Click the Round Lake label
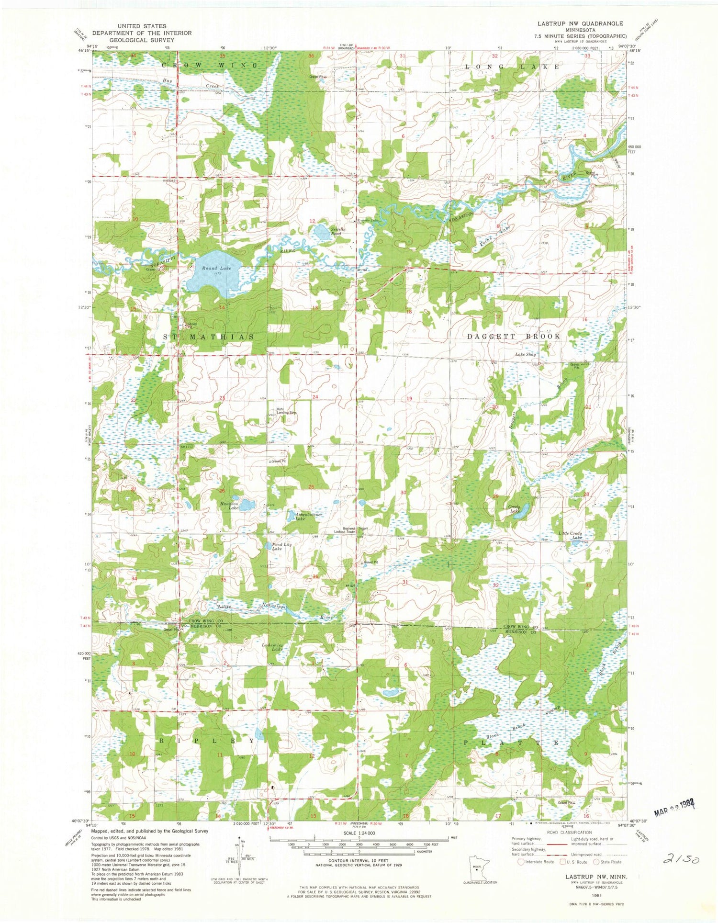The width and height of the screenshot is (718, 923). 216,268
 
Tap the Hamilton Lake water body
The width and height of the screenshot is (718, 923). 247,505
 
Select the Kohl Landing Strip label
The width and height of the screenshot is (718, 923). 286,410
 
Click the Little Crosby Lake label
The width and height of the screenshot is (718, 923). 570,535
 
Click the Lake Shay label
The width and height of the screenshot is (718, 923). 525,354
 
